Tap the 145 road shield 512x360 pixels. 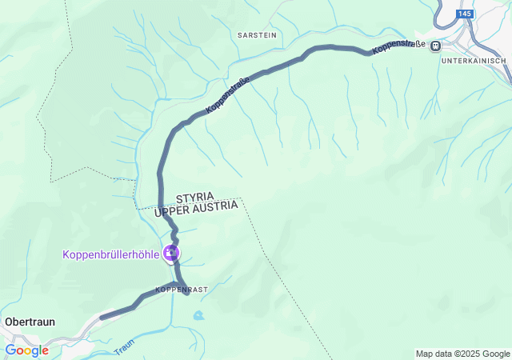[x=466, y=14]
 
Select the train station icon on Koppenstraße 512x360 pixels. [x=435, y=46]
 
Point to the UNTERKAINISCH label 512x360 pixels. [x=474, y=61]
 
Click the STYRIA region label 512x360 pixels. [x=197, y=197]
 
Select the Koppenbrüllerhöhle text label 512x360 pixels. [x=110, y=254]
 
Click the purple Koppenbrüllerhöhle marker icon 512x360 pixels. [x=170, y=254]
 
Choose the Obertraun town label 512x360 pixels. [x=30, y=321]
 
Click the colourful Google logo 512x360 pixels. [x=26, y=350]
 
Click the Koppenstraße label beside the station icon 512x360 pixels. [x=398, y=46]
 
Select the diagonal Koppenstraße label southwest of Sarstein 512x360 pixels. [x=228, y=94]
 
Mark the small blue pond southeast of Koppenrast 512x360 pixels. [x=198, y=315]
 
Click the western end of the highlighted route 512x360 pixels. [x=102, y=318]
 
